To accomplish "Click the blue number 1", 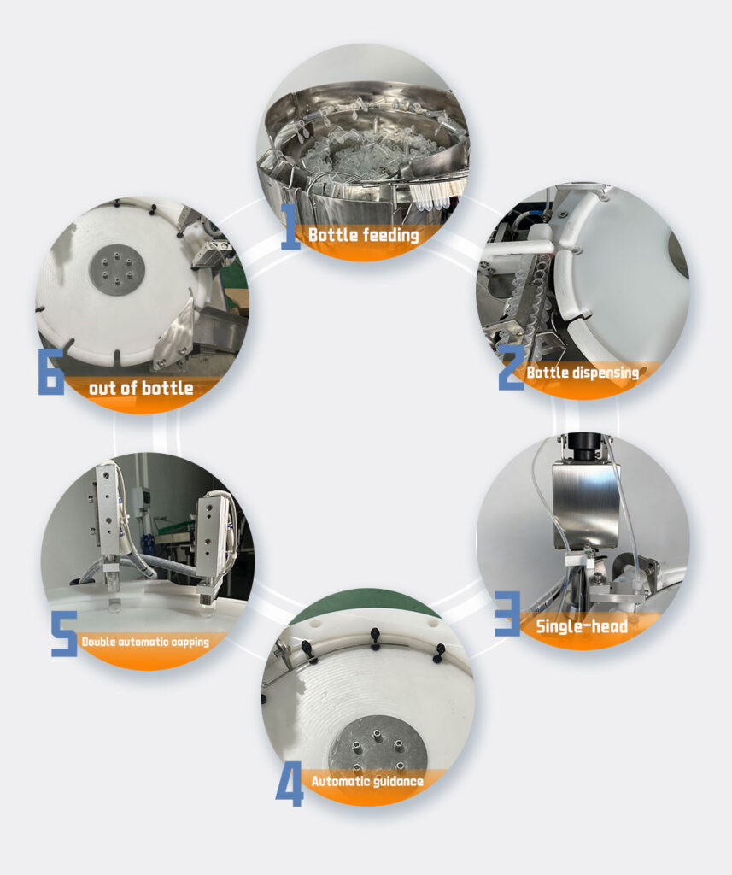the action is pyautogui.click(x=290, y=226).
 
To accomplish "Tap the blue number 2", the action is pyautogui.click(x=511, y=367).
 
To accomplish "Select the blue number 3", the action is pyautogui.click(x=507, y=614).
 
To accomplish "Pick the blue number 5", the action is pyautogui.click(x=64, y=633).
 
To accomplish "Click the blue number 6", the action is pyautogui.click(x=50, y=372).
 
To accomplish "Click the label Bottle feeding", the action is pyautogui.click(x=364, y=235).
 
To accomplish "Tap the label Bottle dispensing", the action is pyautogui.click(x=583, y=373).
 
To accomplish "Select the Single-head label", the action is pyautogui.click(x=582, y=626).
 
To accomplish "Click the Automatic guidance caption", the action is pyautogui.click(x=367, y=781).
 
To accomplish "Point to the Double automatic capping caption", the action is pyautogui.click(x=145, y=642).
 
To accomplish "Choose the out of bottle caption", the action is pyautogui.click(x=141, y=388).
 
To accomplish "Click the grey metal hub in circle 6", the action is pyautogui.click(x=117, y=271).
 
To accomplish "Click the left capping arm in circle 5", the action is pyautogui.click(x=108, y=519).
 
